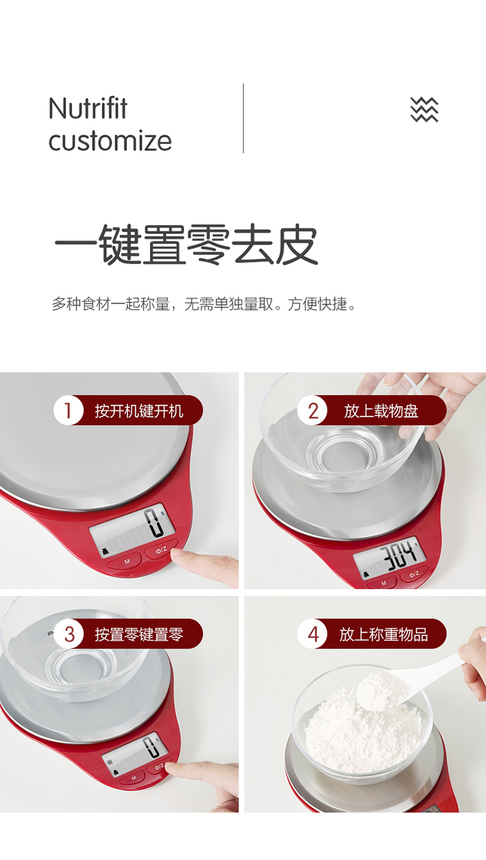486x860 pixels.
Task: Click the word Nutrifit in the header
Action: point(88,108)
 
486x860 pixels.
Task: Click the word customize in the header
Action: point(110,141)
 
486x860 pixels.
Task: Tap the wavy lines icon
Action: point(424,110)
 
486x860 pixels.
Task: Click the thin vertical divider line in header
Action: point(243,118)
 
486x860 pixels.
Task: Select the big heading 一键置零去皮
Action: point(187,245)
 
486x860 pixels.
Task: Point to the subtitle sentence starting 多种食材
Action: point(205,304)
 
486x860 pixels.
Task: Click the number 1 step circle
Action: point(68,411)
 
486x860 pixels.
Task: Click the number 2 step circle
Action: point(312,411)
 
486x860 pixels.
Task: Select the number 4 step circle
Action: point(312,634)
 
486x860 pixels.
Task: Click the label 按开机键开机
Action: point(139,411)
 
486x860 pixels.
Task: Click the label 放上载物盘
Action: point(381,411)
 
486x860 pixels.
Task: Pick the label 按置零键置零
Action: point(139,634)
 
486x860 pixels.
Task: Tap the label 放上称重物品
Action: point(383,634)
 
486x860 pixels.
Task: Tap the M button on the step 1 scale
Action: point(127,562)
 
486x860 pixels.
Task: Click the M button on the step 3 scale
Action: point(133,778)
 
